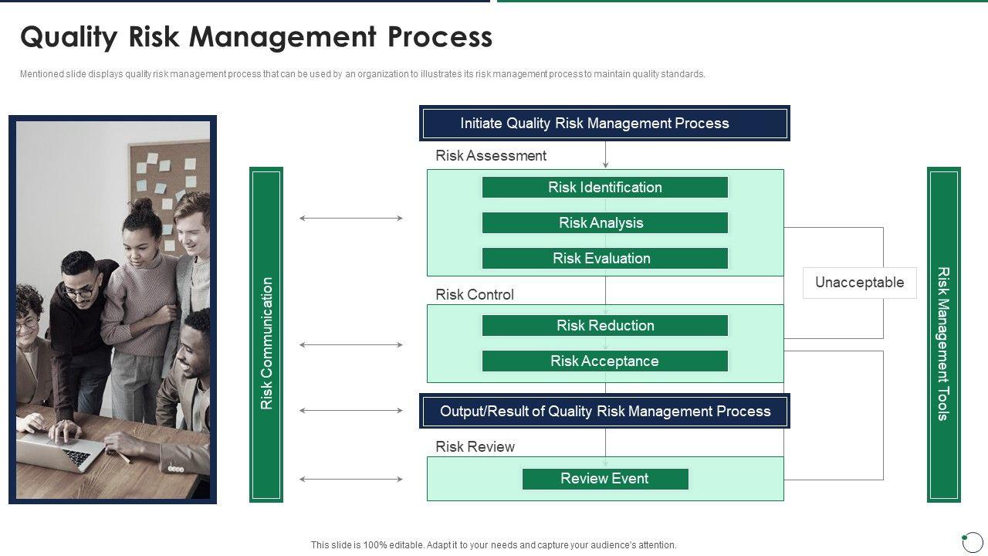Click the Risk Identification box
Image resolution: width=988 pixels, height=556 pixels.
coord(604,188)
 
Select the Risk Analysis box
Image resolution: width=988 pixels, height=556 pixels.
coord(604,223)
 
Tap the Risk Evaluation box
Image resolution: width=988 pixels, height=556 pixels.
coord(604,259)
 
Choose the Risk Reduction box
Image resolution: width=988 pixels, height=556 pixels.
coord(604,326)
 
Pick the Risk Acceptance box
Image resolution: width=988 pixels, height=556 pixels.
coord(604,361)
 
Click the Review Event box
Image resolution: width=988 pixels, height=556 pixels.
coord(604,479)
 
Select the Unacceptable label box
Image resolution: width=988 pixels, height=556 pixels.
coord(859,283)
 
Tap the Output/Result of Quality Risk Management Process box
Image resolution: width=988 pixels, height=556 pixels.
coord(604,412)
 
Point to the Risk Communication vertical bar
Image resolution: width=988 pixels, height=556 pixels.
coord(266,335)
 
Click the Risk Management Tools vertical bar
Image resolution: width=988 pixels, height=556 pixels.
coord(943,335)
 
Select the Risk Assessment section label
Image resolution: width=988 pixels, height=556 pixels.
coord(491,156)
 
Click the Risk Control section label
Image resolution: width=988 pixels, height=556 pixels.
coord(475,295)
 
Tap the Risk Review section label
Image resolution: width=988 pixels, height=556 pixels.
coord(475,447)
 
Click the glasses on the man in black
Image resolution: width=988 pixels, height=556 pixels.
coord(80,292)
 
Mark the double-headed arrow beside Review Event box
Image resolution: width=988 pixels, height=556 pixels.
coord(351,480)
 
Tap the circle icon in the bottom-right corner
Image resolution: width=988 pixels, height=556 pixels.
coord(973,541)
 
